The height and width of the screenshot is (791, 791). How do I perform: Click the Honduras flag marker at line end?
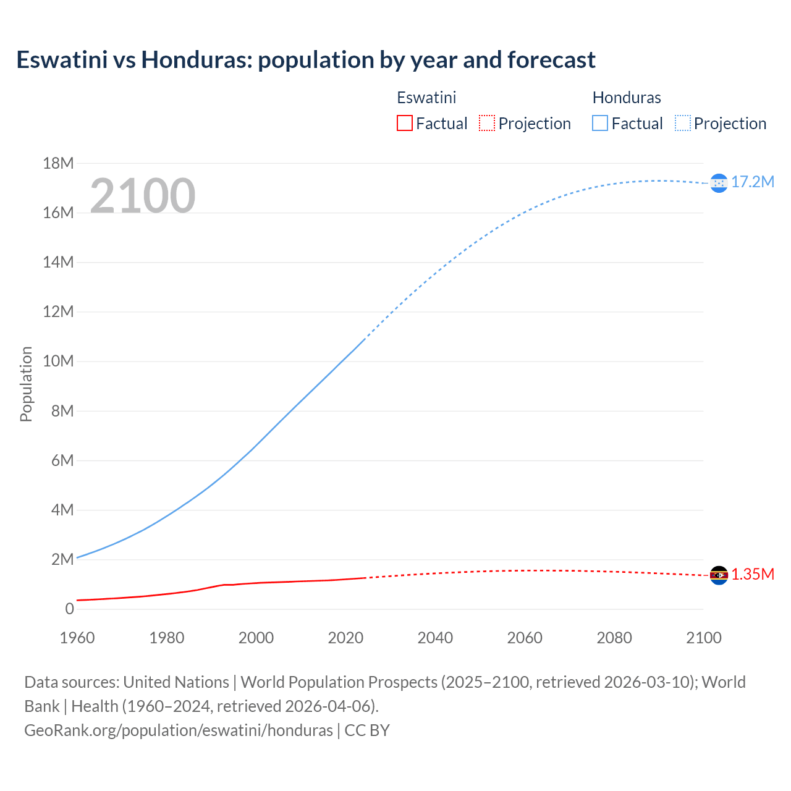click(719, 183)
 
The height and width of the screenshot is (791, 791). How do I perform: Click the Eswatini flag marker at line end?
click(719, 575)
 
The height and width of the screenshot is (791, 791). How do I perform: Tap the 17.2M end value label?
click(753, 182)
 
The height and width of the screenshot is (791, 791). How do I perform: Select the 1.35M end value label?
click(753, 575)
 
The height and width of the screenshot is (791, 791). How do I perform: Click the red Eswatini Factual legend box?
click(404, 124)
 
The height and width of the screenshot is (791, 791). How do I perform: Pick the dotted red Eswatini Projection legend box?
click(487, 124)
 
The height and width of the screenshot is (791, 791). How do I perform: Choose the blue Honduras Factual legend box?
click(600, 124)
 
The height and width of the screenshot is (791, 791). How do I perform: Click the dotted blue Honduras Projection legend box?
click(682, 124)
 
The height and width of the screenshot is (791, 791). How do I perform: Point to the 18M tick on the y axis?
click(58, 164)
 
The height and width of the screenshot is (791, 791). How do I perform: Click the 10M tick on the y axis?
click(58, 362)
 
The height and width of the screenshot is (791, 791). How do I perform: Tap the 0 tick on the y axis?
click(69, 609)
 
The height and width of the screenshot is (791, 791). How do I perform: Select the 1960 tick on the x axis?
click(77, 638)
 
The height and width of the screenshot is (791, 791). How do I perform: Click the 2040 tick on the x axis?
click(435, 638)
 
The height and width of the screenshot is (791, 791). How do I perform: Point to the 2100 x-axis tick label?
click(703, 638)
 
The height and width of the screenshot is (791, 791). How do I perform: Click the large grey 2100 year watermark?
click(143, 196)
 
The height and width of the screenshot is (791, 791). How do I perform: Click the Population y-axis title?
click(26, 384)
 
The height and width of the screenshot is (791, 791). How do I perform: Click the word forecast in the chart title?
click(551, 60)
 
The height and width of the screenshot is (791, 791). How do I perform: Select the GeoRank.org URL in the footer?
click(179, 730)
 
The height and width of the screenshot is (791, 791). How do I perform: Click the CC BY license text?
click(367, 730)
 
